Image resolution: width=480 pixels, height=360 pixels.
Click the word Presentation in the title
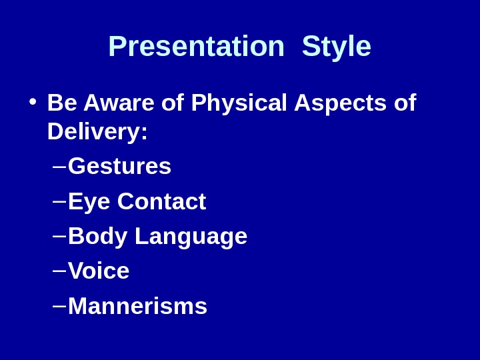coord(196,47)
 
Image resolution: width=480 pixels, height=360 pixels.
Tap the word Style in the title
coord(336,47)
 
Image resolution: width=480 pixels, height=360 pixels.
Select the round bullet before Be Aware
coord(32,103)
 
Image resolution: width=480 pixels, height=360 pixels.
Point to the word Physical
coord(239,103)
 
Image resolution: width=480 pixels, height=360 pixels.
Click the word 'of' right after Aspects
coord(405,103)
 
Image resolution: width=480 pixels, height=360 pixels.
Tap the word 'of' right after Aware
coord(173,103)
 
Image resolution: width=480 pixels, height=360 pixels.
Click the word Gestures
coord(119,167)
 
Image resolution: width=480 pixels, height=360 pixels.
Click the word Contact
coord(161,201)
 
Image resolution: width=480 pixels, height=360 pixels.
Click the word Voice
coord(99,271)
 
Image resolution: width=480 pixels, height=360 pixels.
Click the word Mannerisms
coord(137,307)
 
